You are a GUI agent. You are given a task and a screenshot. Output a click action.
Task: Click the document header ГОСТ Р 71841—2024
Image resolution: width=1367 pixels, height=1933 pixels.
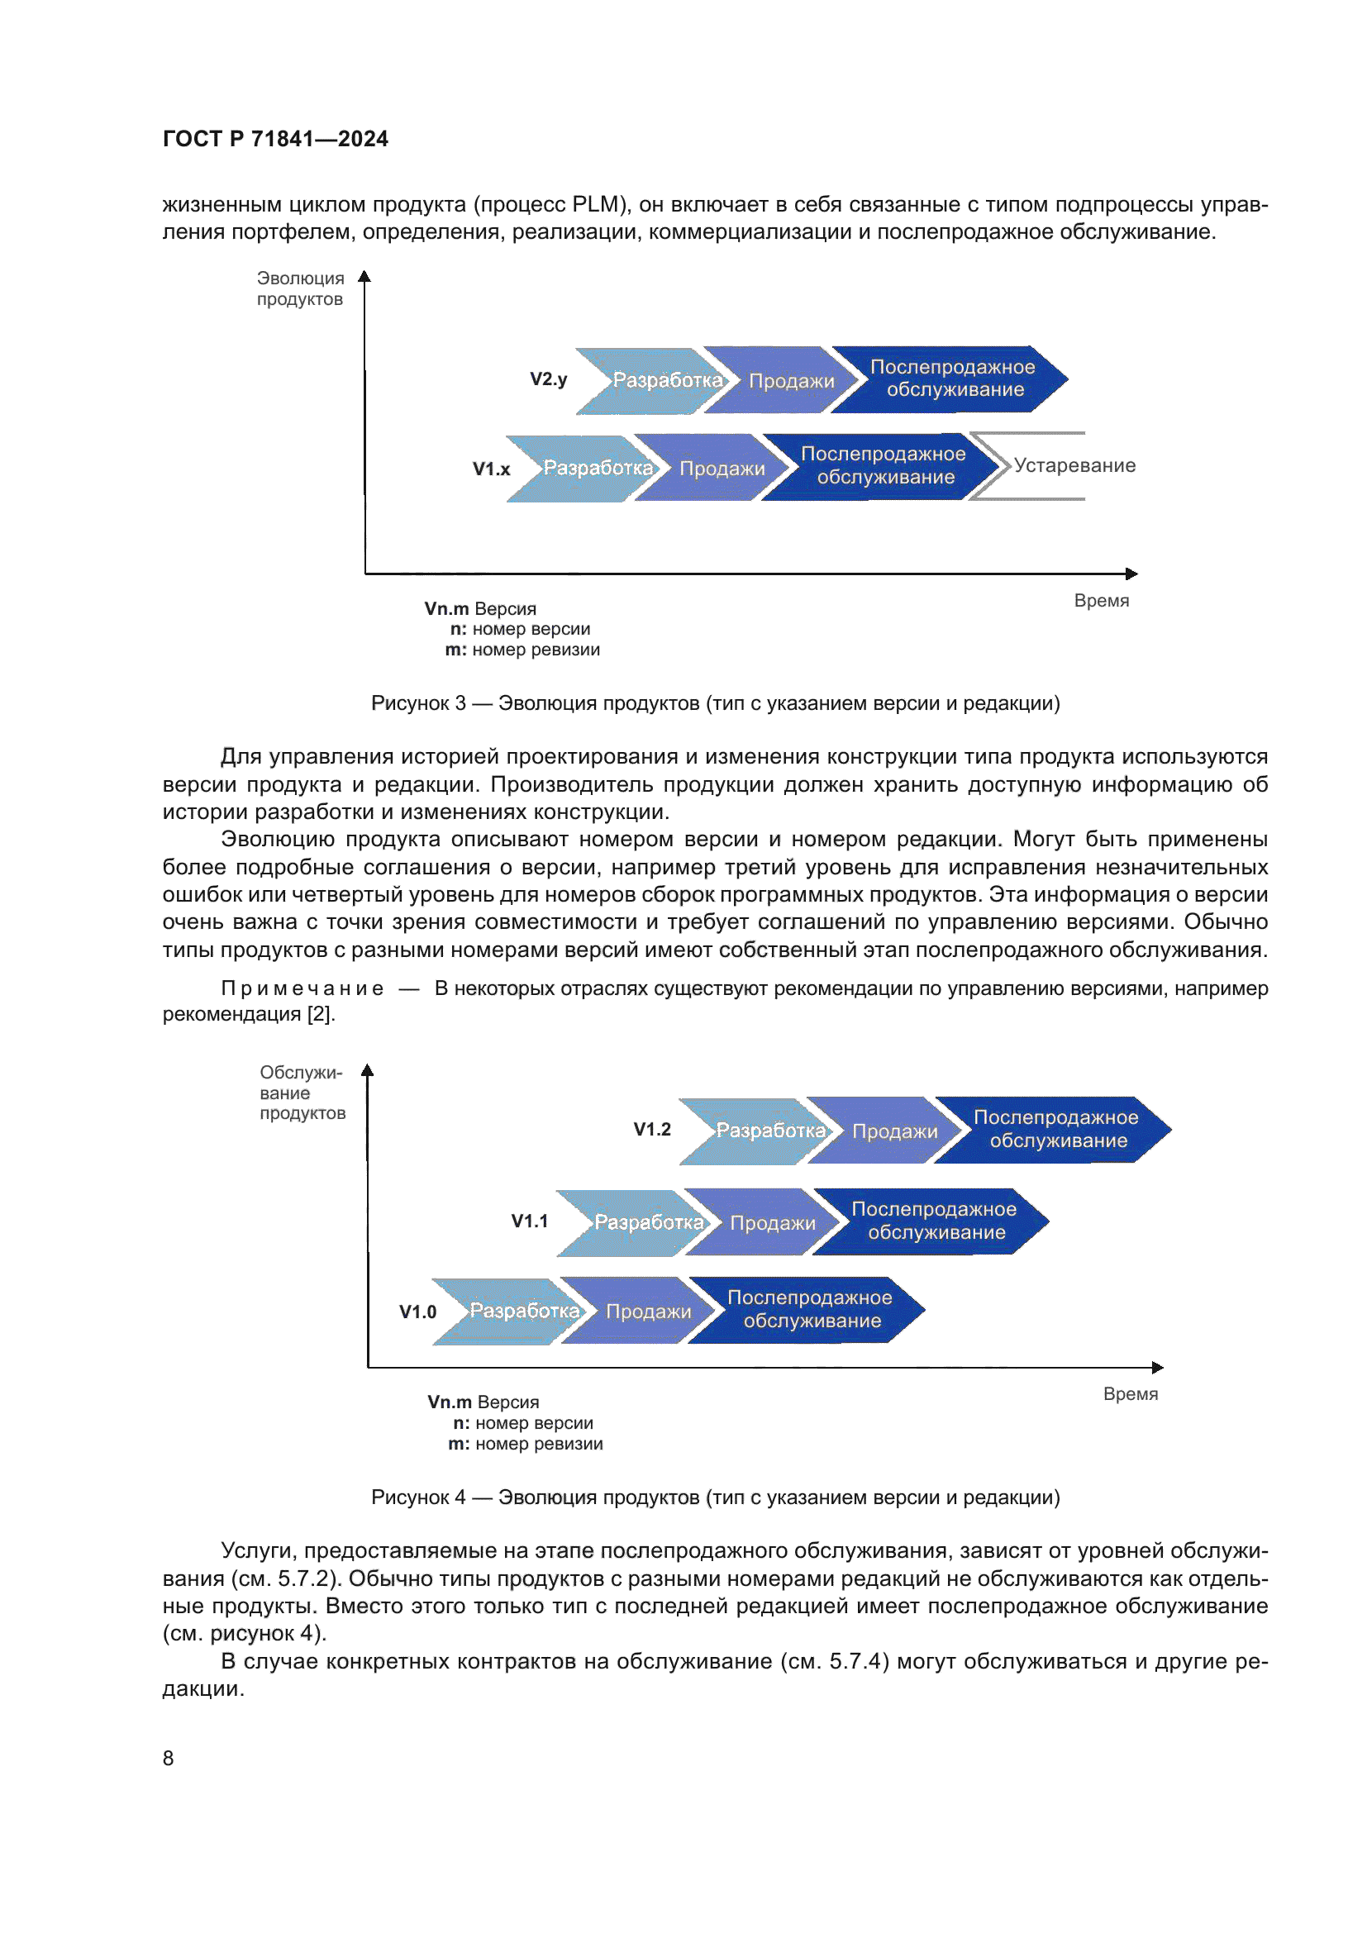[275, 139]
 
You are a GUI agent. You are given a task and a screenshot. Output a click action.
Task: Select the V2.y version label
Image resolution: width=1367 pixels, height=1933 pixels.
[548, 379]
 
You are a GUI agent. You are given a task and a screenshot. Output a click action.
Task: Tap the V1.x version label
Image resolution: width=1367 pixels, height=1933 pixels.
[491, 469]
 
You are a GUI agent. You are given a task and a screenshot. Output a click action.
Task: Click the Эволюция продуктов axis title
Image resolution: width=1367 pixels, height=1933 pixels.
[300, 288]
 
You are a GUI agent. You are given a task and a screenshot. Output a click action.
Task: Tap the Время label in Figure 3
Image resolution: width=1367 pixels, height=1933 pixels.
[1101, 601]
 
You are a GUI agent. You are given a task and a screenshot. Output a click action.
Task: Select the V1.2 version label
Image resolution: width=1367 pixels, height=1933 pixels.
[651, 1130]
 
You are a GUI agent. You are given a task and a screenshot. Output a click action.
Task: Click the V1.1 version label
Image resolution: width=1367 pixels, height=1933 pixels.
[530, 1221]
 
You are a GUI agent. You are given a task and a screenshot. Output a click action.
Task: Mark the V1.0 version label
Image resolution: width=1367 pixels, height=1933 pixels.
[417, 1312]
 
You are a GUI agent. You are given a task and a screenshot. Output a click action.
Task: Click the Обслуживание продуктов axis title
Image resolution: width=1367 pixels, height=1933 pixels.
[302, 1093]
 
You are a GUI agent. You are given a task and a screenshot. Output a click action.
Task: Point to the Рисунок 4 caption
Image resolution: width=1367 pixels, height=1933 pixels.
[715, 1497]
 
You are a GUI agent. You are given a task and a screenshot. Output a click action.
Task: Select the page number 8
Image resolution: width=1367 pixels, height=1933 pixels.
[169, 1759]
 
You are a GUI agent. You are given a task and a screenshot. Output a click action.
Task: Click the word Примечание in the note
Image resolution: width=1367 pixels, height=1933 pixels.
[302, 989]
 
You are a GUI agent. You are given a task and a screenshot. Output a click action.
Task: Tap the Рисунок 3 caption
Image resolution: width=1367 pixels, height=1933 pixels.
[715, 704]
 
